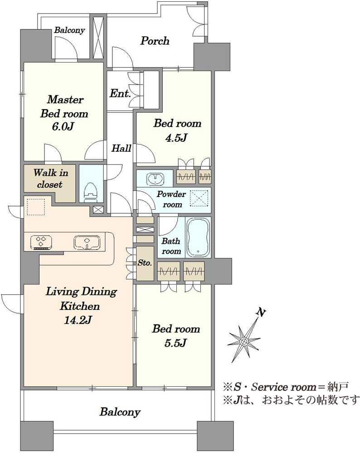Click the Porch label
(155, 41)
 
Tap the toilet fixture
(91, 192)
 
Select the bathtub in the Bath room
(198, 237)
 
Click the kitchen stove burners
(41, 242)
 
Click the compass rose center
(245, 342)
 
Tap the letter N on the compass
(261, 312)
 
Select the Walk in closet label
(50, 178)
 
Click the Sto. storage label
(145, 263)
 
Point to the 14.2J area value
(78, 320)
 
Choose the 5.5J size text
(175, 342)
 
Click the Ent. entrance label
(120, 93)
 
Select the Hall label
(122, 149)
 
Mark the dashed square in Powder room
(199, 198)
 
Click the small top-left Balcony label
(69, 30)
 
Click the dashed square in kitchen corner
(36, 207)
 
